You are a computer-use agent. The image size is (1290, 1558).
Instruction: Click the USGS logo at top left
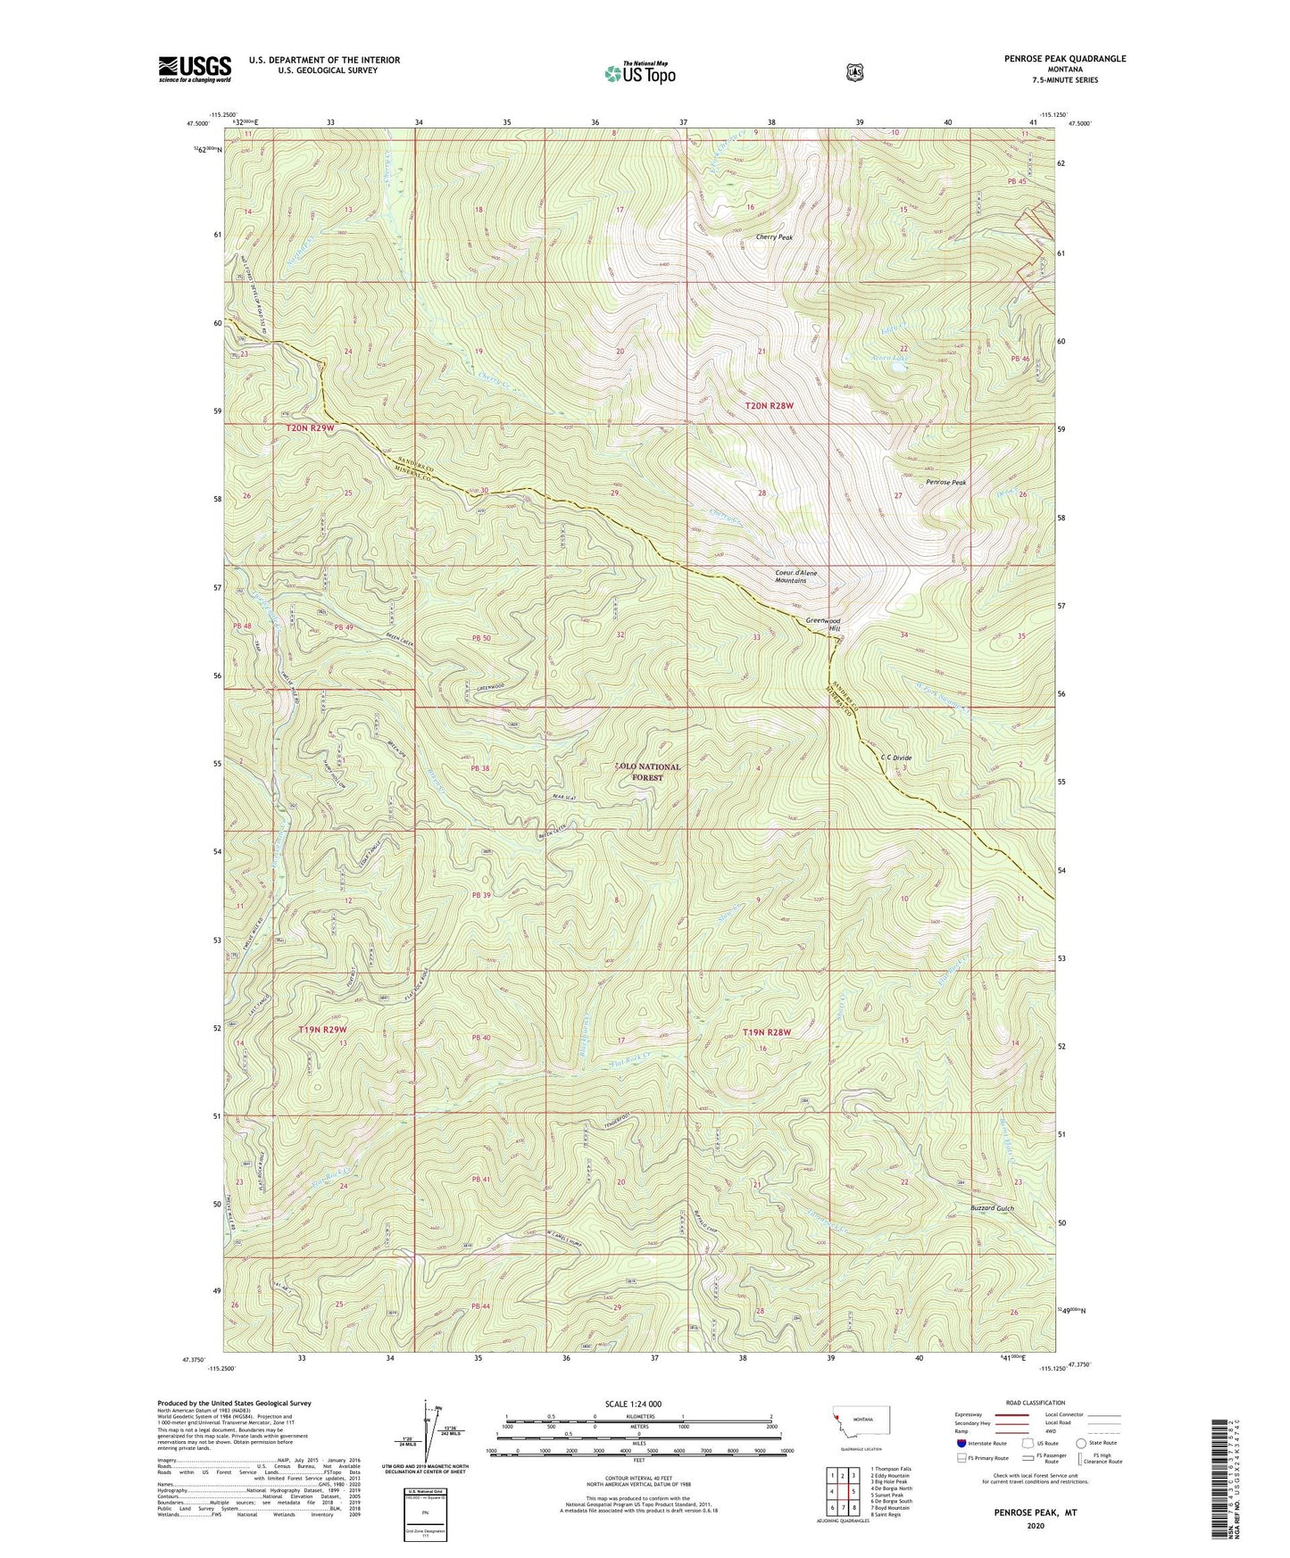(195, 69)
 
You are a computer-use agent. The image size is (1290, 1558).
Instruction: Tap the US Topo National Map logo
(638, 72)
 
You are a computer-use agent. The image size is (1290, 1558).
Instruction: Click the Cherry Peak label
(774, 237)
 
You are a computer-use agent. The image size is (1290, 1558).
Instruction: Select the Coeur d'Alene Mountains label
(790, 576)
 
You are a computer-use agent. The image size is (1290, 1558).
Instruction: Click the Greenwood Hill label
(822, 624)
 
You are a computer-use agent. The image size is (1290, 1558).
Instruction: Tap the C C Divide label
(895, 758)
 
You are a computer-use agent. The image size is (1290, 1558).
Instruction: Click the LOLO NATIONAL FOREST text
(649, 772)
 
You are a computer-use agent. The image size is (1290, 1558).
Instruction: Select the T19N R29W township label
(321, 1029)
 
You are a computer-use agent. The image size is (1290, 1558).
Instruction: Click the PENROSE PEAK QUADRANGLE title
(1053, 59)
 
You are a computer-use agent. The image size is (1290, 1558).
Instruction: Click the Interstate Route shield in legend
(961, 1442)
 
